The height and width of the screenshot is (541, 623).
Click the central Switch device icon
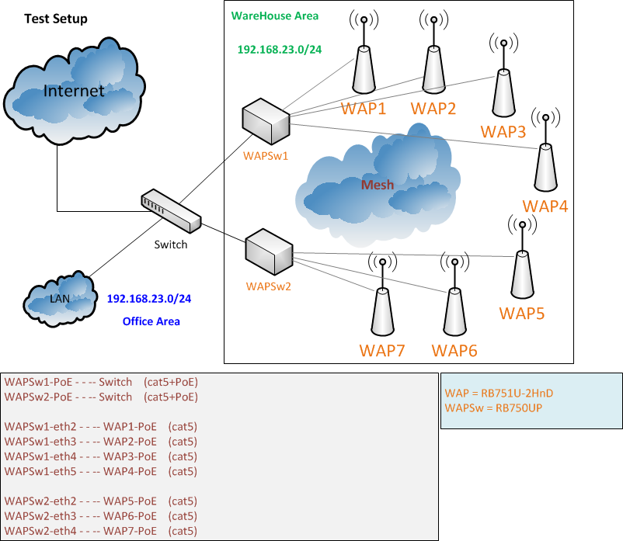click(x=171, y=212)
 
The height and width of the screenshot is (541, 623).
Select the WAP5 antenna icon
click(x=521, y=272)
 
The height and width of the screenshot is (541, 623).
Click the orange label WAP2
click(x=433, y=109)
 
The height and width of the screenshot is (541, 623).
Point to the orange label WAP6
click(x=454, y=351)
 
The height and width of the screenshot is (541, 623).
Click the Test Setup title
click(x=56, y=19)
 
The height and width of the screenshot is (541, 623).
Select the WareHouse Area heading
click(x=274, y=16)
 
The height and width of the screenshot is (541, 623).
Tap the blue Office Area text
click(x=151, y=321)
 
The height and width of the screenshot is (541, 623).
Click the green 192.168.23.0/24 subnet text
click(x=280, y=48)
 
